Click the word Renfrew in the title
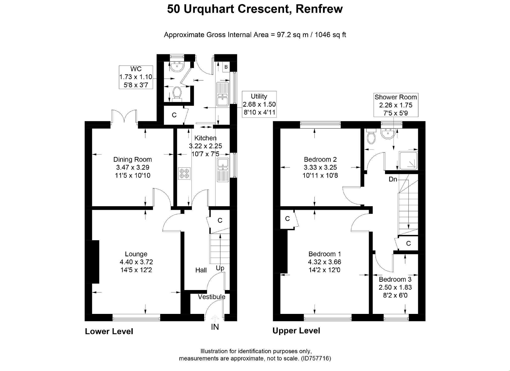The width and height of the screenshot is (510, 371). tap(319, 9)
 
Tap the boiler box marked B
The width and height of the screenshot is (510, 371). tap(226, 67)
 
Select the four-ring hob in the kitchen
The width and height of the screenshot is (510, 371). tap(184, 174)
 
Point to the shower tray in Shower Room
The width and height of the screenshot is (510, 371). tap(408, 160)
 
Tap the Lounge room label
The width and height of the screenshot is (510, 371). tap(136, 254)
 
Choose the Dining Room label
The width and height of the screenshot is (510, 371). tap(132, 159)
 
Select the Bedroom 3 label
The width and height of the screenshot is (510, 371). tap(395, 279)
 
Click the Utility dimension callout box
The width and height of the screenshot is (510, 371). tap(259, 104)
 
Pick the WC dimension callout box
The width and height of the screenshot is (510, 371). tap(136, 77)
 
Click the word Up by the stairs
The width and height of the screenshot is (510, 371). tap(220, 268)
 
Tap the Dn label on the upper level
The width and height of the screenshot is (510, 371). tap(393, 179)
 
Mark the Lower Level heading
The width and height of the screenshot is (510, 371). tap(109, 332)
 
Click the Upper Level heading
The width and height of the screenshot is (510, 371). tap(296, 331)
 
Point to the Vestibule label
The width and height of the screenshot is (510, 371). tap(211, 297)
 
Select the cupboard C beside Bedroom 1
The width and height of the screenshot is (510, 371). tap(287, 219)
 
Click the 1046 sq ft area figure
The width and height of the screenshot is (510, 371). tap(330, 35)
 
